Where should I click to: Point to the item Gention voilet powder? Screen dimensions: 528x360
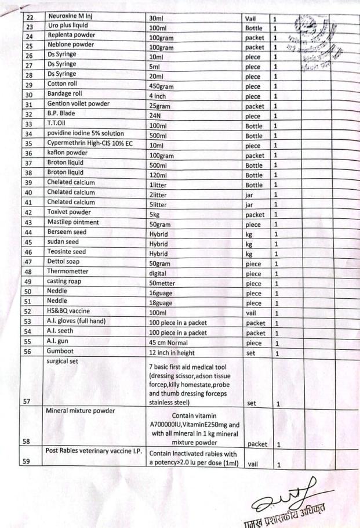pos(81,105)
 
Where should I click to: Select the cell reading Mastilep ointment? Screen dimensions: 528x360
pos(73,222)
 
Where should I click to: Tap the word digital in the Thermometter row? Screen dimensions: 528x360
pos(159,272)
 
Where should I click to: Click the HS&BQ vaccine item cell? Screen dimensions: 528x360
pos(68,311)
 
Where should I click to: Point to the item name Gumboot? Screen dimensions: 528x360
pos(61,352)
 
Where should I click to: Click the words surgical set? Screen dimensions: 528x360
pos(63,360)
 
